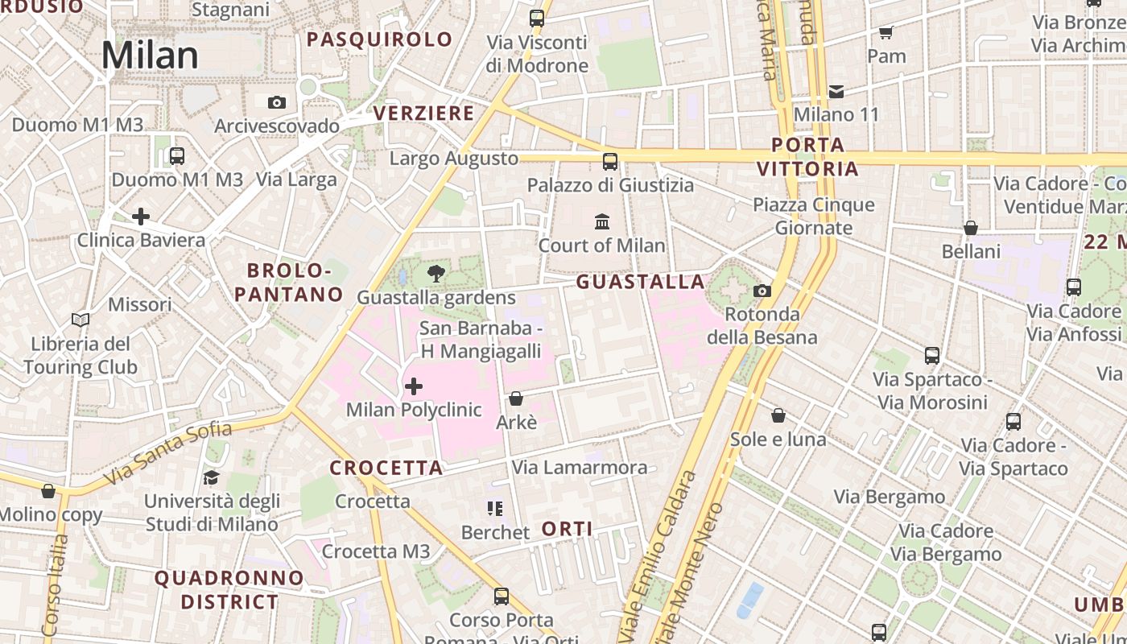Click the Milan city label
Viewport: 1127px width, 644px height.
(x=150, y=56)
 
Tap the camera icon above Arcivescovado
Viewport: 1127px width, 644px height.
(x=277, y=102)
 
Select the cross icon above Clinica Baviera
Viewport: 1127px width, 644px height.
(x=141, y=216)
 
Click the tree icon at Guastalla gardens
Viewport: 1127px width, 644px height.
(x=436, y=274)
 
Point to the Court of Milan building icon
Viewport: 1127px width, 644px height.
(x=602, y=221)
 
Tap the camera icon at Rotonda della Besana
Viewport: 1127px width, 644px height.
(x=762, y=291)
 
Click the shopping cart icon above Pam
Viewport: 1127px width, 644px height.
(x=886, y=32)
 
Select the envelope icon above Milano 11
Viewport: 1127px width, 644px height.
(x=836, y=91)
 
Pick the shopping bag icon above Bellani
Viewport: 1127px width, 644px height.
(x=971, y=228)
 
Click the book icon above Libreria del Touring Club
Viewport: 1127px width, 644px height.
(x=80, y=320)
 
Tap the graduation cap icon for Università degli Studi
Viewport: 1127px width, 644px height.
(x=211, y=477)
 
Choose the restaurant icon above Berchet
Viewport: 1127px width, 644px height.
(x=495, y=509)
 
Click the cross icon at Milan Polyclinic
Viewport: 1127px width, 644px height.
(x=414, y=386)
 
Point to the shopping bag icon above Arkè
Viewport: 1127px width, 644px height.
(x=516, y=398)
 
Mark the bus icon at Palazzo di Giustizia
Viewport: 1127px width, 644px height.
(x=610, y=162)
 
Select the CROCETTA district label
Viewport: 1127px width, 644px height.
(x=386, y=468)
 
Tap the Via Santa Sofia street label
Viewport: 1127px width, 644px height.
(x=167, y=454)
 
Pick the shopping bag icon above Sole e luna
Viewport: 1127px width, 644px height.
(x=778, y=415)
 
